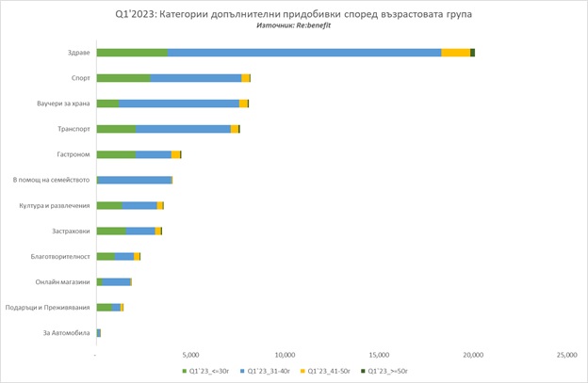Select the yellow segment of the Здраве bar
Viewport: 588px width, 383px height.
(x=455, y=52)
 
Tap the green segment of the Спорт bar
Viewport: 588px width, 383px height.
(x=123, y=78)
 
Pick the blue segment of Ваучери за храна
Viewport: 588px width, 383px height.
(x=179, y=104)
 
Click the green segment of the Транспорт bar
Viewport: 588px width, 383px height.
(x=116, y=129)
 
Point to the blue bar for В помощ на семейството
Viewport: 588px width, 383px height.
(x=135, y=180)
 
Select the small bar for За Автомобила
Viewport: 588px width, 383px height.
(x=98, y=333)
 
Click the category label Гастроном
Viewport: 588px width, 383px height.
(x=73, y=154)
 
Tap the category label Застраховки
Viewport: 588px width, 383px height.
(x=69, y=231)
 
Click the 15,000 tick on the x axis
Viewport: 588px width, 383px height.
(x=379, y=355)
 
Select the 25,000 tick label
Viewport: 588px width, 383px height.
(x=567, y=355)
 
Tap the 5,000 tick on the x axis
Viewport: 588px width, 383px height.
(x=190, y=355)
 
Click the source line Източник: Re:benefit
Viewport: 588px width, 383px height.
(x=293, y=24)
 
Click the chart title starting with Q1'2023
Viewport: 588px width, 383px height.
(x=293, y=12)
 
